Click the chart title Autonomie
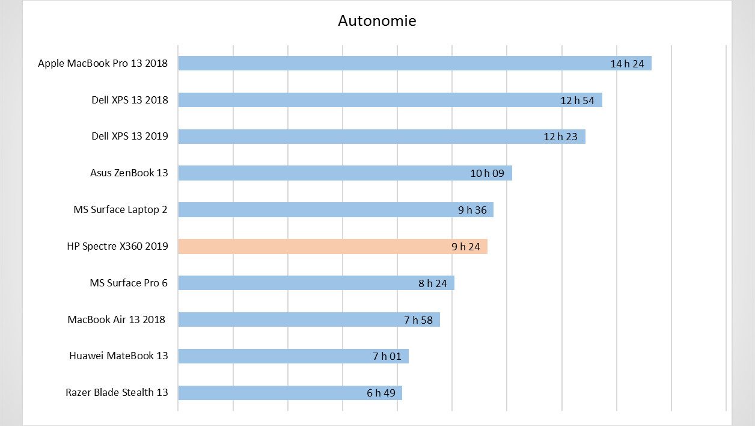coord(377,21)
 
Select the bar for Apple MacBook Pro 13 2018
coord(391,63)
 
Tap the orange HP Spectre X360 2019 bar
coord(313,247)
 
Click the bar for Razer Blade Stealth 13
coord(271,393)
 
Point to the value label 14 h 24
coord(627,64)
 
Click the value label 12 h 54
coord(577,100)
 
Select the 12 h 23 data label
coord(560,137)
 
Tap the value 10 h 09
coord(487,173)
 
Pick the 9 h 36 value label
coord(472,210)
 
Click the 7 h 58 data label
coord(418,320)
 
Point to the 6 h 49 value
coord(381,393)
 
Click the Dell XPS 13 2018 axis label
coord(129,100)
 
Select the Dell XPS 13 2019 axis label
coord(129,136)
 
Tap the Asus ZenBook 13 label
coord(129,173)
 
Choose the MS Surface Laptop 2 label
coord(120,209)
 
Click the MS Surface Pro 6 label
coord(128,283)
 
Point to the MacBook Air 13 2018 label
coord(117,319)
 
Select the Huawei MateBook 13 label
coord(118,356)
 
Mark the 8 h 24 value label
coord(433,283)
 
